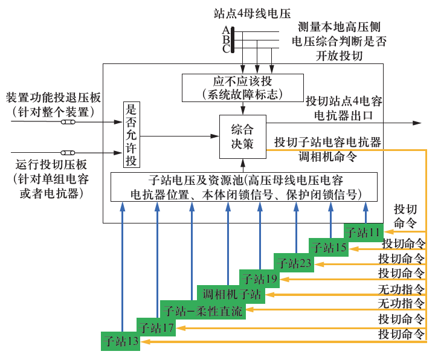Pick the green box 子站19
pyautogui.click(x=259, y=279)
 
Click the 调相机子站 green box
pyautogui.click(x=231, y=294)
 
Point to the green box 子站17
pyautogui.click(x=156, y=327)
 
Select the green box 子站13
pyautogui.click(x=121, y=342)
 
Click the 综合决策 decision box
pyautogui.click(x=242, y=137)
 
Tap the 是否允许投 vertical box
pyautogui.click(x=131, y=134)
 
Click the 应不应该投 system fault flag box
pyautogui.click(x=242, y=88)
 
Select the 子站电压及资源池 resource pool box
pyautogui.click(x=244, y=187)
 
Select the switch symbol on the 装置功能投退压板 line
pyautogui.click(x=68, y=123)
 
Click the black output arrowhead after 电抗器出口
pyautogui.click(x=416, y=123)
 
